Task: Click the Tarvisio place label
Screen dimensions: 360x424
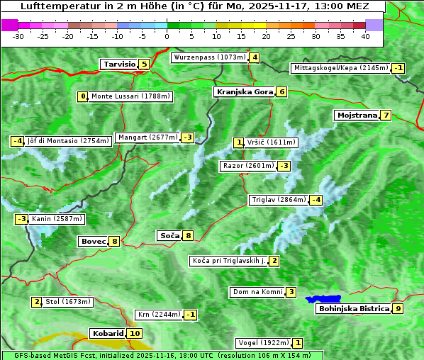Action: tap(119, 64)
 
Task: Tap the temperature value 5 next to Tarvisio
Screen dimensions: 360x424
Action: tap(144, 64)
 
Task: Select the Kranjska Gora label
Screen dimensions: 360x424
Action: tap(244, 91)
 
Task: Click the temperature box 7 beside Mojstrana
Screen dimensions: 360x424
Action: tap(386, 115)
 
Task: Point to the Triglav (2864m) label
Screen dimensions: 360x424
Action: tap(279, 200)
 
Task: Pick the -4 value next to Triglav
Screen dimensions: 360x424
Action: tap(316, 200)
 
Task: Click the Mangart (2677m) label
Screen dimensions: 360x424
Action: tap(147, 137)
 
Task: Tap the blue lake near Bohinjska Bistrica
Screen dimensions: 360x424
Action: tap(323, 299)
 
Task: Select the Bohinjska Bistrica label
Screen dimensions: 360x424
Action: tap(353, 308)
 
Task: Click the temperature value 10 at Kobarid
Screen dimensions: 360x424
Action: tap(135, 333)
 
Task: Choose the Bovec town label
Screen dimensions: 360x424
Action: tap(93, 241)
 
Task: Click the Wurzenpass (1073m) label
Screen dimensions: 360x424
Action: tap(209, 57)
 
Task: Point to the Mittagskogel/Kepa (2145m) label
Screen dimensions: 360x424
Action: tap(341, 68)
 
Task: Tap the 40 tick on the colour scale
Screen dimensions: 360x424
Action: tap(365, 36)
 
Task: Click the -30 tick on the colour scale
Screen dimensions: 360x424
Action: tap(18, 36)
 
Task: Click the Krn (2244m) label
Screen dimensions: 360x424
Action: tap(159, 314)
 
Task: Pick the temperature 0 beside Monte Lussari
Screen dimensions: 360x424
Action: tap(83, 96)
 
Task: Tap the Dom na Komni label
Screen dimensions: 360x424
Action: tap(257, 292)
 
